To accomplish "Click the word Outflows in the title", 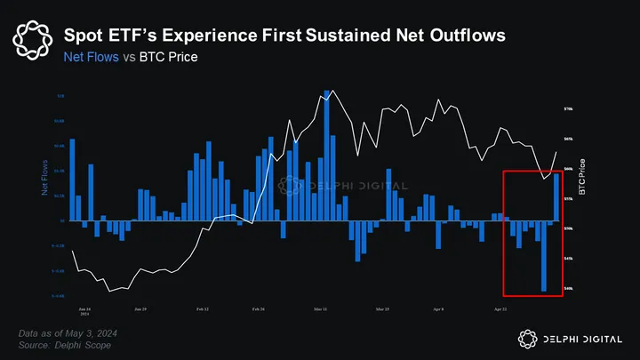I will [x=453, y=36].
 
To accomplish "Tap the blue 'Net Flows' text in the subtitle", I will [x=92, y=58].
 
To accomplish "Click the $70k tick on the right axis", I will [x=569, y=109].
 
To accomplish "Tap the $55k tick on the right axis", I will [x=569, y=199].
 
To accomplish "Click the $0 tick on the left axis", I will [x=62, y=220].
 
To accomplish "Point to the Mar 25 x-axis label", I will [x=382, y=309].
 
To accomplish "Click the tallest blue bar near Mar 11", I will [x=327, y=156].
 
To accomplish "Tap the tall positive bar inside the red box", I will [x=557, y=196].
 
